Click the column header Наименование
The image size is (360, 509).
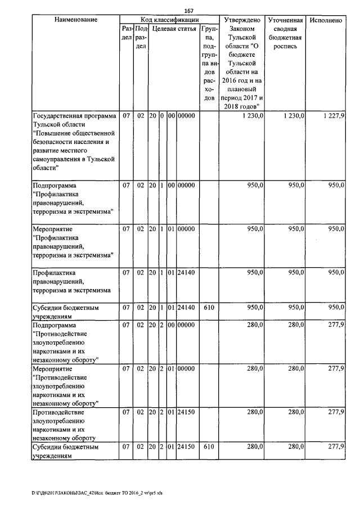pyautogui.click(x=76, y=20)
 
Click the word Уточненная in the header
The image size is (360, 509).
pyautogui.click(x=286, y=20)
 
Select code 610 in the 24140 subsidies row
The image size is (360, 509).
pyautogui.click(x=209, y=308)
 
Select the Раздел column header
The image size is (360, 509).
pyautogui.click(x=126, y=33)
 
